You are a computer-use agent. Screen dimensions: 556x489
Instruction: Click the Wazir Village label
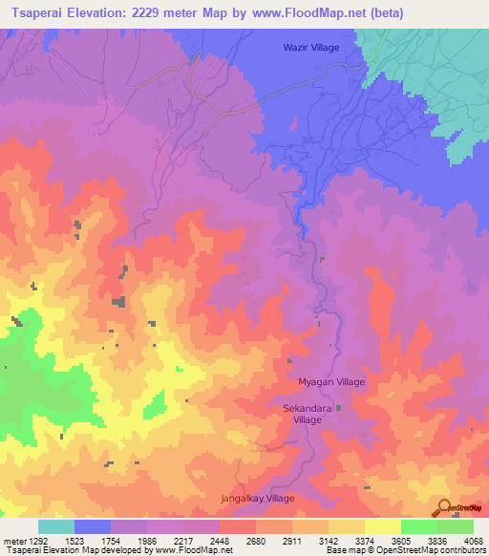tap(310, 47)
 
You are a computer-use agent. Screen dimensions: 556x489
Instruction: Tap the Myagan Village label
tap(333, 381)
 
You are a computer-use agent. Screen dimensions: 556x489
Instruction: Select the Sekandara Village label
tap(308, 414)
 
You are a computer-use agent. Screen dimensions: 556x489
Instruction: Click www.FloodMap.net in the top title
tap(304, 13)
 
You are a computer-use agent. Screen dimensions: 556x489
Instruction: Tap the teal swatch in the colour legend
tap(56, 526)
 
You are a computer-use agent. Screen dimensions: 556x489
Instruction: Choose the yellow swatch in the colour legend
tap(382, 526)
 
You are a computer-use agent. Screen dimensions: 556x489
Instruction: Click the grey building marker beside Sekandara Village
tap(337, 409)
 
